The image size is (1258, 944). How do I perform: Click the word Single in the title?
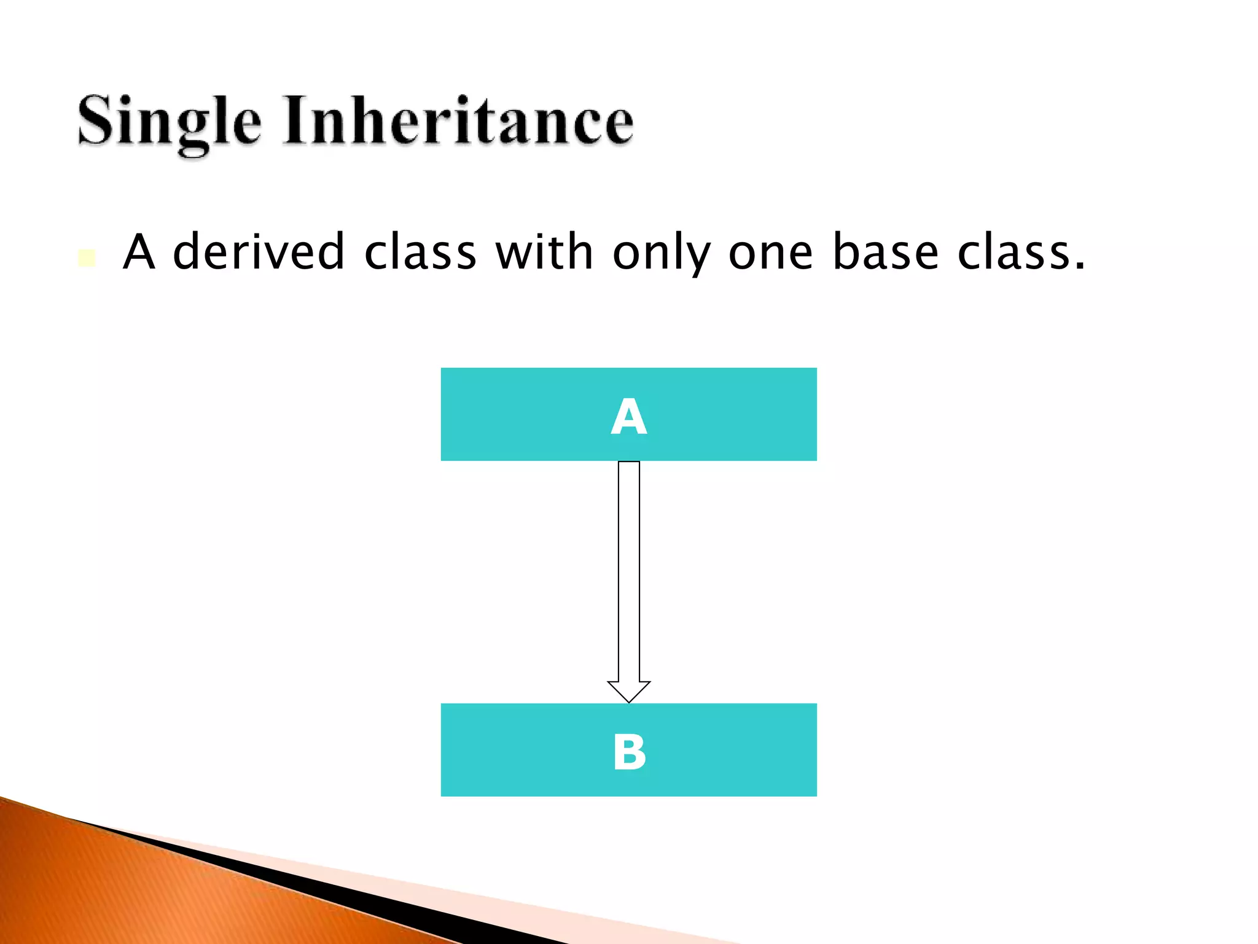tap(169, 122)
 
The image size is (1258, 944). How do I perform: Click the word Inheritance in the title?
tap(458, 120)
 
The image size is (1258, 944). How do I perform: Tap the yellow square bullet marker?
tap(87, 258)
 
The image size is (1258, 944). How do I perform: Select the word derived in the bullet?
tap(259, 252)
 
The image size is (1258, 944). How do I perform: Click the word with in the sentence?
tap(544, 252)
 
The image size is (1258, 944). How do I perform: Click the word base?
tap(885, 252)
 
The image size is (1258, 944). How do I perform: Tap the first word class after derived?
tap(420, 252)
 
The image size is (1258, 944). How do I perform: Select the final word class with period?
tap(1020, 252)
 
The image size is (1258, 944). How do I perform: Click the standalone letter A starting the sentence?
tap(139, 252)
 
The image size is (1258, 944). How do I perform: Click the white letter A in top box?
tap(628, 417)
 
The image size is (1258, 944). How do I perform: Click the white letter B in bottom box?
tap(629, 752)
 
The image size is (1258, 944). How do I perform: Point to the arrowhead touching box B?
tap(628, 691)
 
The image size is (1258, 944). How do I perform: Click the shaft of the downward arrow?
tap(628, 572)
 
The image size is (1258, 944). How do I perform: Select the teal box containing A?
tap(522, 414)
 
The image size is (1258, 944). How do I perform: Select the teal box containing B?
tap(522, 750)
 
